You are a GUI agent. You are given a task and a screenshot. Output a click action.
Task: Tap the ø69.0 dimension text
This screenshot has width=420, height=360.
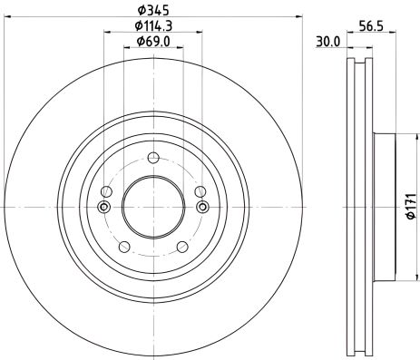coord(150,41)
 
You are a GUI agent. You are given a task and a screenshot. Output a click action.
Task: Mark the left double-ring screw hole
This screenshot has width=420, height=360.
coord(103,208)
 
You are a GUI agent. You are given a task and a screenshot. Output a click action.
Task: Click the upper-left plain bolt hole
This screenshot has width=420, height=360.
coord(107,191)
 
